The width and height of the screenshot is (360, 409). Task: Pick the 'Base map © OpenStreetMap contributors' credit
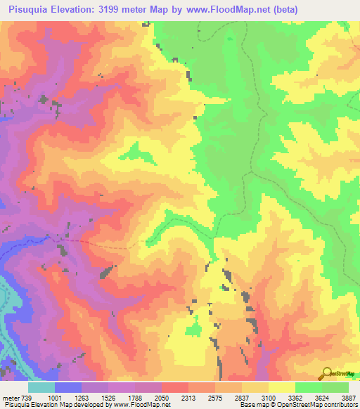(297, 404)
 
